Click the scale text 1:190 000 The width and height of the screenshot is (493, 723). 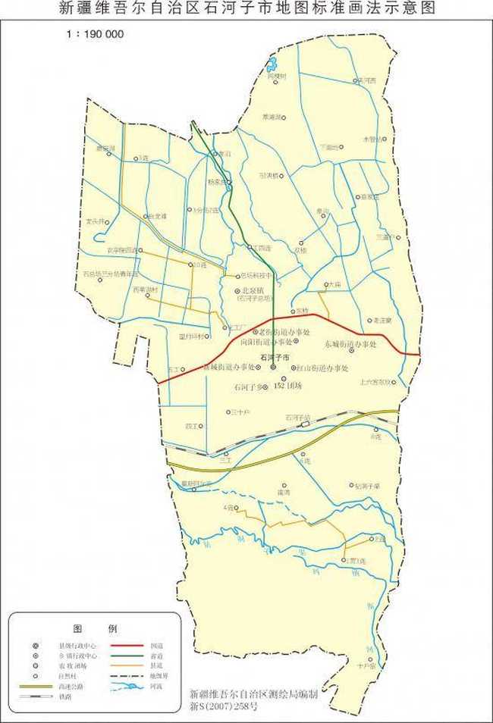(x=96, y=34)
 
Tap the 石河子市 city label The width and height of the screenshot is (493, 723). (x=275, y=356)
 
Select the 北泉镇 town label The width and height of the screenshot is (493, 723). (x=254, y=290)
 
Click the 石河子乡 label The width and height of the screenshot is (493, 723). (x=252, y=387)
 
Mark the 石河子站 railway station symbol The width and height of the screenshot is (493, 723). (x=306, y=424)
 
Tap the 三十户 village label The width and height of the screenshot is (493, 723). (x=243, y=412)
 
